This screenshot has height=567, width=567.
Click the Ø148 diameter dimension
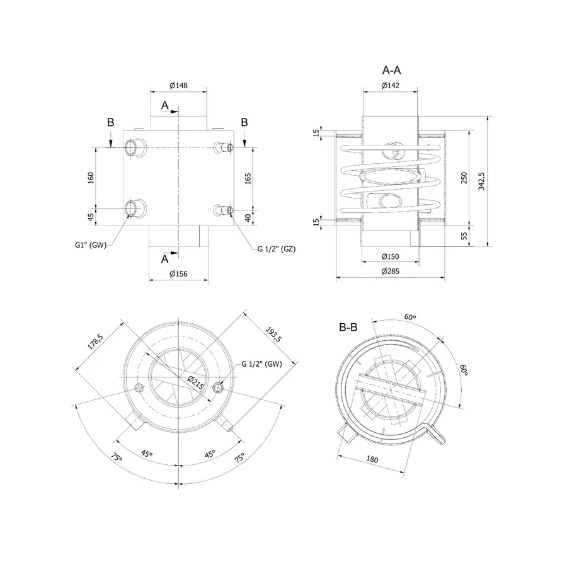coord(179,85)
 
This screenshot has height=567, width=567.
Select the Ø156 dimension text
coord(179,274)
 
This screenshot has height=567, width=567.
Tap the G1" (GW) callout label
coord(91,245)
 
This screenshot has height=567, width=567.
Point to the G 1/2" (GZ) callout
coord(277,249)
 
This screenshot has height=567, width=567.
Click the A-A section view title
coord(391,70)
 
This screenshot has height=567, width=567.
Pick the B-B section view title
coord(348,327)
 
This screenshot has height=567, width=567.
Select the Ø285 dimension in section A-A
coord(390,271)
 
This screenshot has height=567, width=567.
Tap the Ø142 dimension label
coord(390,85)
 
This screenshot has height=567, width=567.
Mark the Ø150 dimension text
coord(390,256)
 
